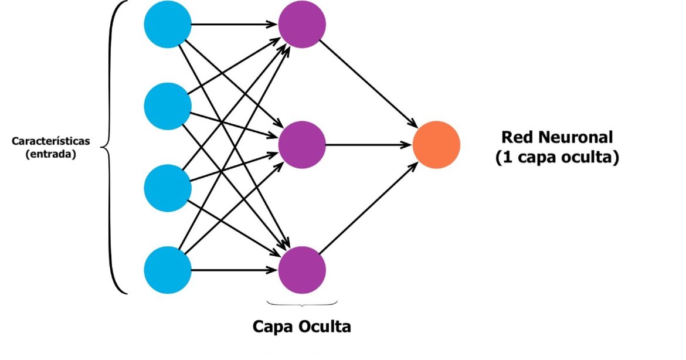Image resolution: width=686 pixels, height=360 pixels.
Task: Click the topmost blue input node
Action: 168,25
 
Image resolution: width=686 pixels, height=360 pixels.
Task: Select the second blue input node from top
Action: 168,106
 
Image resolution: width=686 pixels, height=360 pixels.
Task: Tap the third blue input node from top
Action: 168,188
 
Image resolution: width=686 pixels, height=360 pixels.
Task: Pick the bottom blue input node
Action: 168,270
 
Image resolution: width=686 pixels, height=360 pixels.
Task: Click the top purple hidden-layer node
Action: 301,25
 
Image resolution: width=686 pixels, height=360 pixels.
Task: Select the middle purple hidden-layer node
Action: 301,144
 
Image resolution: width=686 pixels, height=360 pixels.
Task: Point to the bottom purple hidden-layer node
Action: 301,270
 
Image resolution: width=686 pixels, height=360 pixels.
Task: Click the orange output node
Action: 436,144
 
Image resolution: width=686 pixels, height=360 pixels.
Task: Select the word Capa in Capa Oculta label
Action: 273,326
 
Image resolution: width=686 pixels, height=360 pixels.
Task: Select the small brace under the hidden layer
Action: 302,304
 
